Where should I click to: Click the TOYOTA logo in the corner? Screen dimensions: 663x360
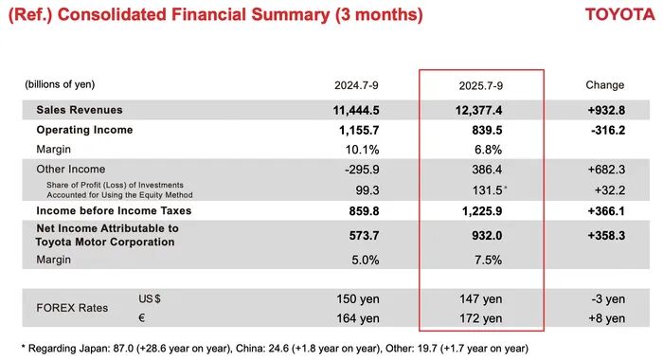619,14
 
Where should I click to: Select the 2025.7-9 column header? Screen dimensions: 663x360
481,86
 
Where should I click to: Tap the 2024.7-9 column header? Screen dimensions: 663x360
356,85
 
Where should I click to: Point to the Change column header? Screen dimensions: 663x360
604,85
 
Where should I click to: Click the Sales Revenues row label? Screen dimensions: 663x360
80,110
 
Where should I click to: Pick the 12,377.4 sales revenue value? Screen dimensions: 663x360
478,111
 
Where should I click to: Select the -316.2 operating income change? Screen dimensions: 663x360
608,131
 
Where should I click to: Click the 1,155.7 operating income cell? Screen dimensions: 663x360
359,131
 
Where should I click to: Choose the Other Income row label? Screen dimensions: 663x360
71,170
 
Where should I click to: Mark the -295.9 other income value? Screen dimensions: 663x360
362,170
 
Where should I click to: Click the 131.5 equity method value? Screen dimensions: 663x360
487,190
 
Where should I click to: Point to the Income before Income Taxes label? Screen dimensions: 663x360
114,210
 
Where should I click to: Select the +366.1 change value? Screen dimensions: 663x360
606,211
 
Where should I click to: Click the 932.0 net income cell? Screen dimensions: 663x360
487,236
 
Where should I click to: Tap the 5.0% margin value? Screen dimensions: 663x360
366,260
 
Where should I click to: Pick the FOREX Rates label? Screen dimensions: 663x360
72,308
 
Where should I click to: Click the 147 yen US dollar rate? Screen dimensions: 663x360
481,299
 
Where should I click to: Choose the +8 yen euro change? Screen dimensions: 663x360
607,318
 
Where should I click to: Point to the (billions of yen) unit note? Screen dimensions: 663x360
60,84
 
